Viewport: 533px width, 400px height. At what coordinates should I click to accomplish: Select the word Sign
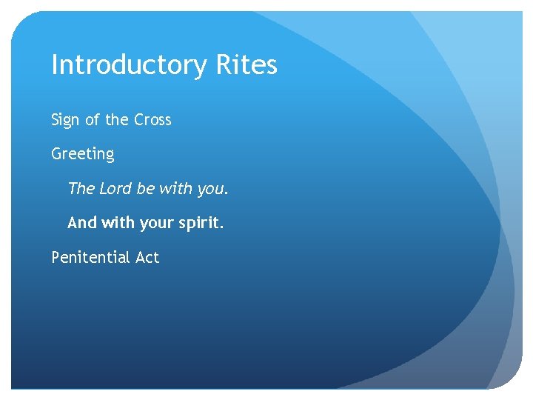click(x=64, y=120)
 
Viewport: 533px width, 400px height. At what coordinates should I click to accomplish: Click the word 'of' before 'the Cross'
click(x=91, y=120)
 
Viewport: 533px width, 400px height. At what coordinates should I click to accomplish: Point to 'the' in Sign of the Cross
click(x=116, y=120)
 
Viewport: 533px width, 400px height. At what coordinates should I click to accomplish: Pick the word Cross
click(x=152, y=120)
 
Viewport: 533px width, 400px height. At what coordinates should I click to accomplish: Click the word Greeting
click(x=83, y=155)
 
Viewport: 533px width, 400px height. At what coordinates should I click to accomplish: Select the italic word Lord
click(x=115, y=188)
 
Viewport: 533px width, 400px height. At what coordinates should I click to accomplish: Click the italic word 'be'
click(x=145, y=188)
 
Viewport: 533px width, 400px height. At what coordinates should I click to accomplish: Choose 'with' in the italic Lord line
click(x=175, y=188)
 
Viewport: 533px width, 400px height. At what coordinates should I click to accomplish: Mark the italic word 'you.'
click(x=213, y=190)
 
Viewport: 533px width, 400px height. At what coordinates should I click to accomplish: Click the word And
click(x=81, y=222)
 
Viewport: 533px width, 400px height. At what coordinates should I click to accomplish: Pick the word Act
click(x=147, y=258)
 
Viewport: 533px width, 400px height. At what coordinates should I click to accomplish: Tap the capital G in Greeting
click(x=56, y=154)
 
